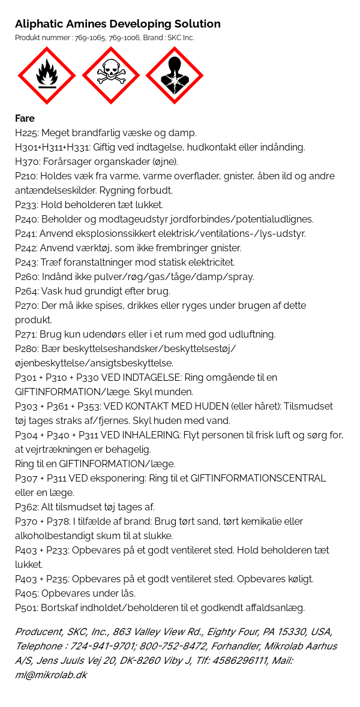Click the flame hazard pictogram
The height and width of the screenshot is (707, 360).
click(47, 76)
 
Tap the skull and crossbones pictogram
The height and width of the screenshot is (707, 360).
click(110, 76)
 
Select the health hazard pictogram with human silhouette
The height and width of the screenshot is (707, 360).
click(175, 76)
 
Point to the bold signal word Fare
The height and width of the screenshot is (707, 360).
click(25, 118)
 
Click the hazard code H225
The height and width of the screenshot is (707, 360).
click(26, 133)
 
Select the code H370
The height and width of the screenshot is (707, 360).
click(26, 161)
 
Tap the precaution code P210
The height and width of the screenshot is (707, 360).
click(26, 176)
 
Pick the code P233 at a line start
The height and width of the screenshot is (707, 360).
click(26, 204)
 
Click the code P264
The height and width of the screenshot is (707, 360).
click(26, 291)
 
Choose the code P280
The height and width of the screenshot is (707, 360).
click(26, 348)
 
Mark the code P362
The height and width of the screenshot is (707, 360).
click(26, 507)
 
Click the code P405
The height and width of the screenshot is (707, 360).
click(26, 593)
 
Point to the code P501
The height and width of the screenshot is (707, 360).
click(26, 607)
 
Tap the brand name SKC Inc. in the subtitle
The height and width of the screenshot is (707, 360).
click(181, 38)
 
